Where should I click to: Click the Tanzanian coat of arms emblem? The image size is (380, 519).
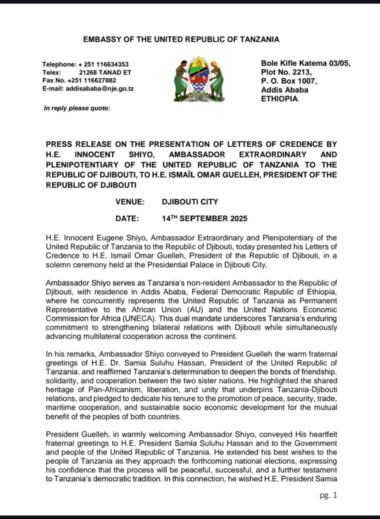pyautogui.click(x=199, y=79)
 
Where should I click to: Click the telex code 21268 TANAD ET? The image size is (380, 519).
pyautogui.click(x=105, y=73)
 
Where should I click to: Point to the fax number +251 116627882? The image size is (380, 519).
pyautogui.click(x=92, y=80)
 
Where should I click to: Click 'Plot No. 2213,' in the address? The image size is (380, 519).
pyautogui.click(x=286, y=72)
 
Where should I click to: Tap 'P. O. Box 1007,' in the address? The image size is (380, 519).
pyautogui.click(x=289, y=81)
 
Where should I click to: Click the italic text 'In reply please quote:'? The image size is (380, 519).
pyautogui.click(x=77, y=108)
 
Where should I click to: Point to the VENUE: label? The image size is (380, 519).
pyautogui.click(x=130, y=202)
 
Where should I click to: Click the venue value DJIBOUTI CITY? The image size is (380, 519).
pyautogui.click(x=190, y=202)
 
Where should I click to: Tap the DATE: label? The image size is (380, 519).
pyautogui.click(x=127, y=219)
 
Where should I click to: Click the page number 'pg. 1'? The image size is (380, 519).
pyautogui.click(x=328, y=495)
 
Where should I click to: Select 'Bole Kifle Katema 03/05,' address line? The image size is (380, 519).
pyautogui.click(x=305, y=63)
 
